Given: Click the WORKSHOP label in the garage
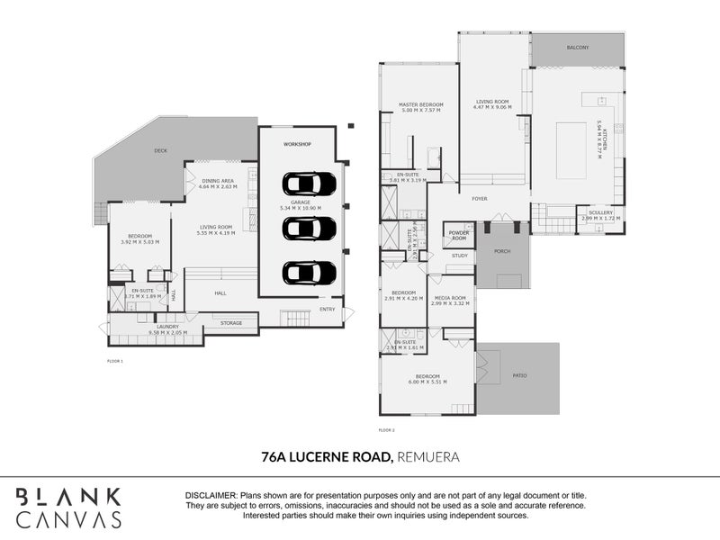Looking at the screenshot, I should (297, 144).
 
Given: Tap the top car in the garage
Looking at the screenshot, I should (309, 184).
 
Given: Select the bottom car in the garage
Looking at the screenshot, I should (309, 272).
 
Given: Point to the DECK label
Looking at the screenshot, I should (161, 151).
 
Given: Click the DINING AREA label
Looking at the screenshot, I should (219, 181).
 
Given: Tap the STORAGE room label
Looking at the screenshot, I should (231, 322).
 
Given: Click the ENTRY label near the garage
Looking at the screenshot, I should (327, 310).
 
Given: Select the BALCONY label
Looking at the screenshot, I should (577, 47).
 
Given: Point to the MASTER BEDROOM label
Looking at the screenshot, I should (421, 104).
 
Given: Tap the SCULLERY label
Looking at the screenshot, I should (600, 212).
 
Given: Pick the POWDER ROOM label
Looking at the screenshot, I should (459, 236).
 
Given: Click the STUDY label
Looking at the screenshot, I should (460, 256).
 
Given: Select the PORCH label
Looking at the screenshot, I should (502, 251).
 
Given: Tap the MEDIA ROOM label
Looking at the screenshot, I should (452, 298).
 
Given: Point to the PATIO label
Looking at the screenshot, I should (519, 374).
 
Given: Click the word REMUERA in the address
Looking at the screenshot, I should (428, 457).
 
